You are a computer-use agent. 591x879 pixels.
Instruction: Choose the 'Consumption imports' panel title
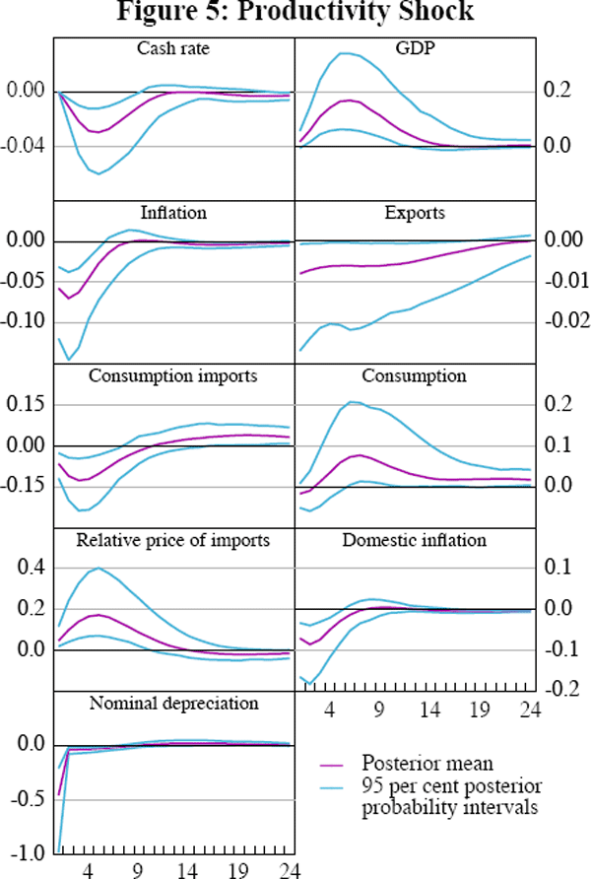173,375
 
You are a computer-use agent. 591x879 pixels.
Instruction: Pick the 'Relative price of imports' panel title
173,540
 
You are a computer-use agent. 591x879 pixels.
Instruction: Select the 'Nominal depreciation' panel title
173,703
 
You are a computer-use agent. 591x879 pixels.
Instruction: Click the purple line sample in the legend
337,764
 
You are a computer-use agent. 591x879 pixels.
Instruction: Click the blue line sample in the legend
337,784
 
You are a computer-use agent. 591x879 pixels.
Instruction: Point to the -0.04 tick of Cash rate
24,147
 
